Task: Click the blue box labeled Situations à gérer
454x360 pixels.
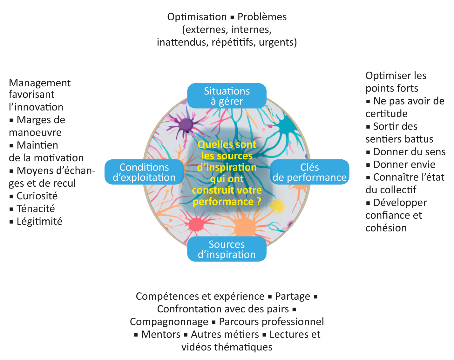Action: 227,96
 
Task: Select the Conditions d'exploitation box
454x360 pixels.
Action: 144,172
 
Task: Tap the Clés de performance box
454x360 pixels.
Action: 309,172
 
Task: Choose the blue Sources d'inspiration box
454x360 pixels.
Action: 227,249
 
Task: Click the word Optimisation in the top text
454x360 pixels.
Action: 197,17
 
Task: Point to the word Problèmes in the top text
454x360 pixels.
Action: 262,17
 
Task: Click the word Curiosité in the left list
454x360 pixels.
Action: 37,196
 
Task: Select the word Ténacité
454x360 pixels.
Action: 36,209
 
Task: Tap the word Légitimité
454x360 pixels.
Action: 39,221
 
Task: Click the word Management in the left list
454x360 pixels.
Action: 40,83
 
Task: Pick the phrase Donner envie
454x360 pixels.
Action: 404,164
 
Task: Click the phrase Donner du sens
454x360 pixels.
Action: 409,152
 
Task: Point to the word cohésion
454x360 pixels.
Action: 386,228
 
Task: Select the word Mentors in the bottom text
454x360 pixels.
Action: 161,334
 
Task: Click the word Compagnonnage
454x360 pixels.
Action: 169,322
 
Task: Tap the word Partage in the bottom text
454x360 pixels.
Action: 293,296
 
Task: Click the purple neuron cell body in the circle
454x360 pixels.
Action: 186,124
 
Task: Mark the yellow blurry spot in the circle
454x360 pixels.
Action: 278,206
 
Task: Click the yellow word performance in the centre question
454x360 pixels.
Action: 223,202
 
